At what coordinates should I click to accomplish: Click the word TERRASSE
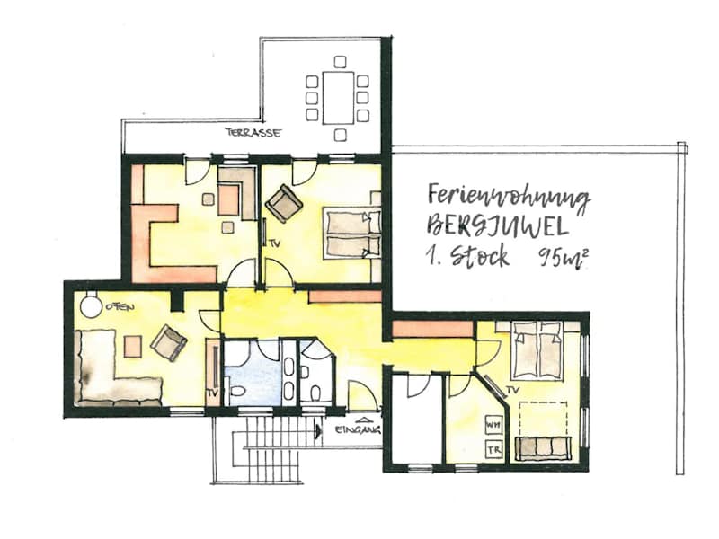point(253,133)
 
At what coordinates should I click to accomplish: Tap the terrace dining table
point(339,98)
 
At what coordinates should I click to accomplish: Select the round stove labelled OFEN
point(91,305)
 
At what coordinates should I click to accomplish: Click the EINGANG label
point(358,430)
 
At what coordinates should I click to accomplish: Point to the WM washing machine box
point(493,425)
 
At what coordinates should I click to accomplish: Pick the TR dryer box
point(493,450)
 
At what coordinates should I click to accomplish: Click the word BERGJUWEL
point(498,226)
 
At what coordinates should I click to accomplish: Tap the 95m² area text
point(564,258)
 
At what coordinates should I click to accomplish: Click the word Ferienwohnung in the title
point(508,197)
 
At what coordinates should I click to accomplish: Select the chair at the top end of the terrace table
point(340,62)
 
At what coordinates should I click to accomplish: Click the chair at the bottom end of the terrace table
point(340,135)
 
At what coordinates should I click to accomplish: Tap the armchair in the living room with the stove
point(168,342)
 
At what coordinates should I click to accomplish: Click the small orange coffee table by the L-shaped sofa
point(132,346)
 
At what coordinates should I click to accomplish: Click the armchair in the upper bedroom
point(284,204)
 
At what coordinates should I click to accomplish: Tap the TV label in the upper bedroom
point(274,243)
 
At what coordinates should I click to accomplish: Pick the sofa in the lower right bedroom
point(543,447)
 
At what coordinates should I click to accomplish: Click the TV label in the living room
point(212,393)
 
